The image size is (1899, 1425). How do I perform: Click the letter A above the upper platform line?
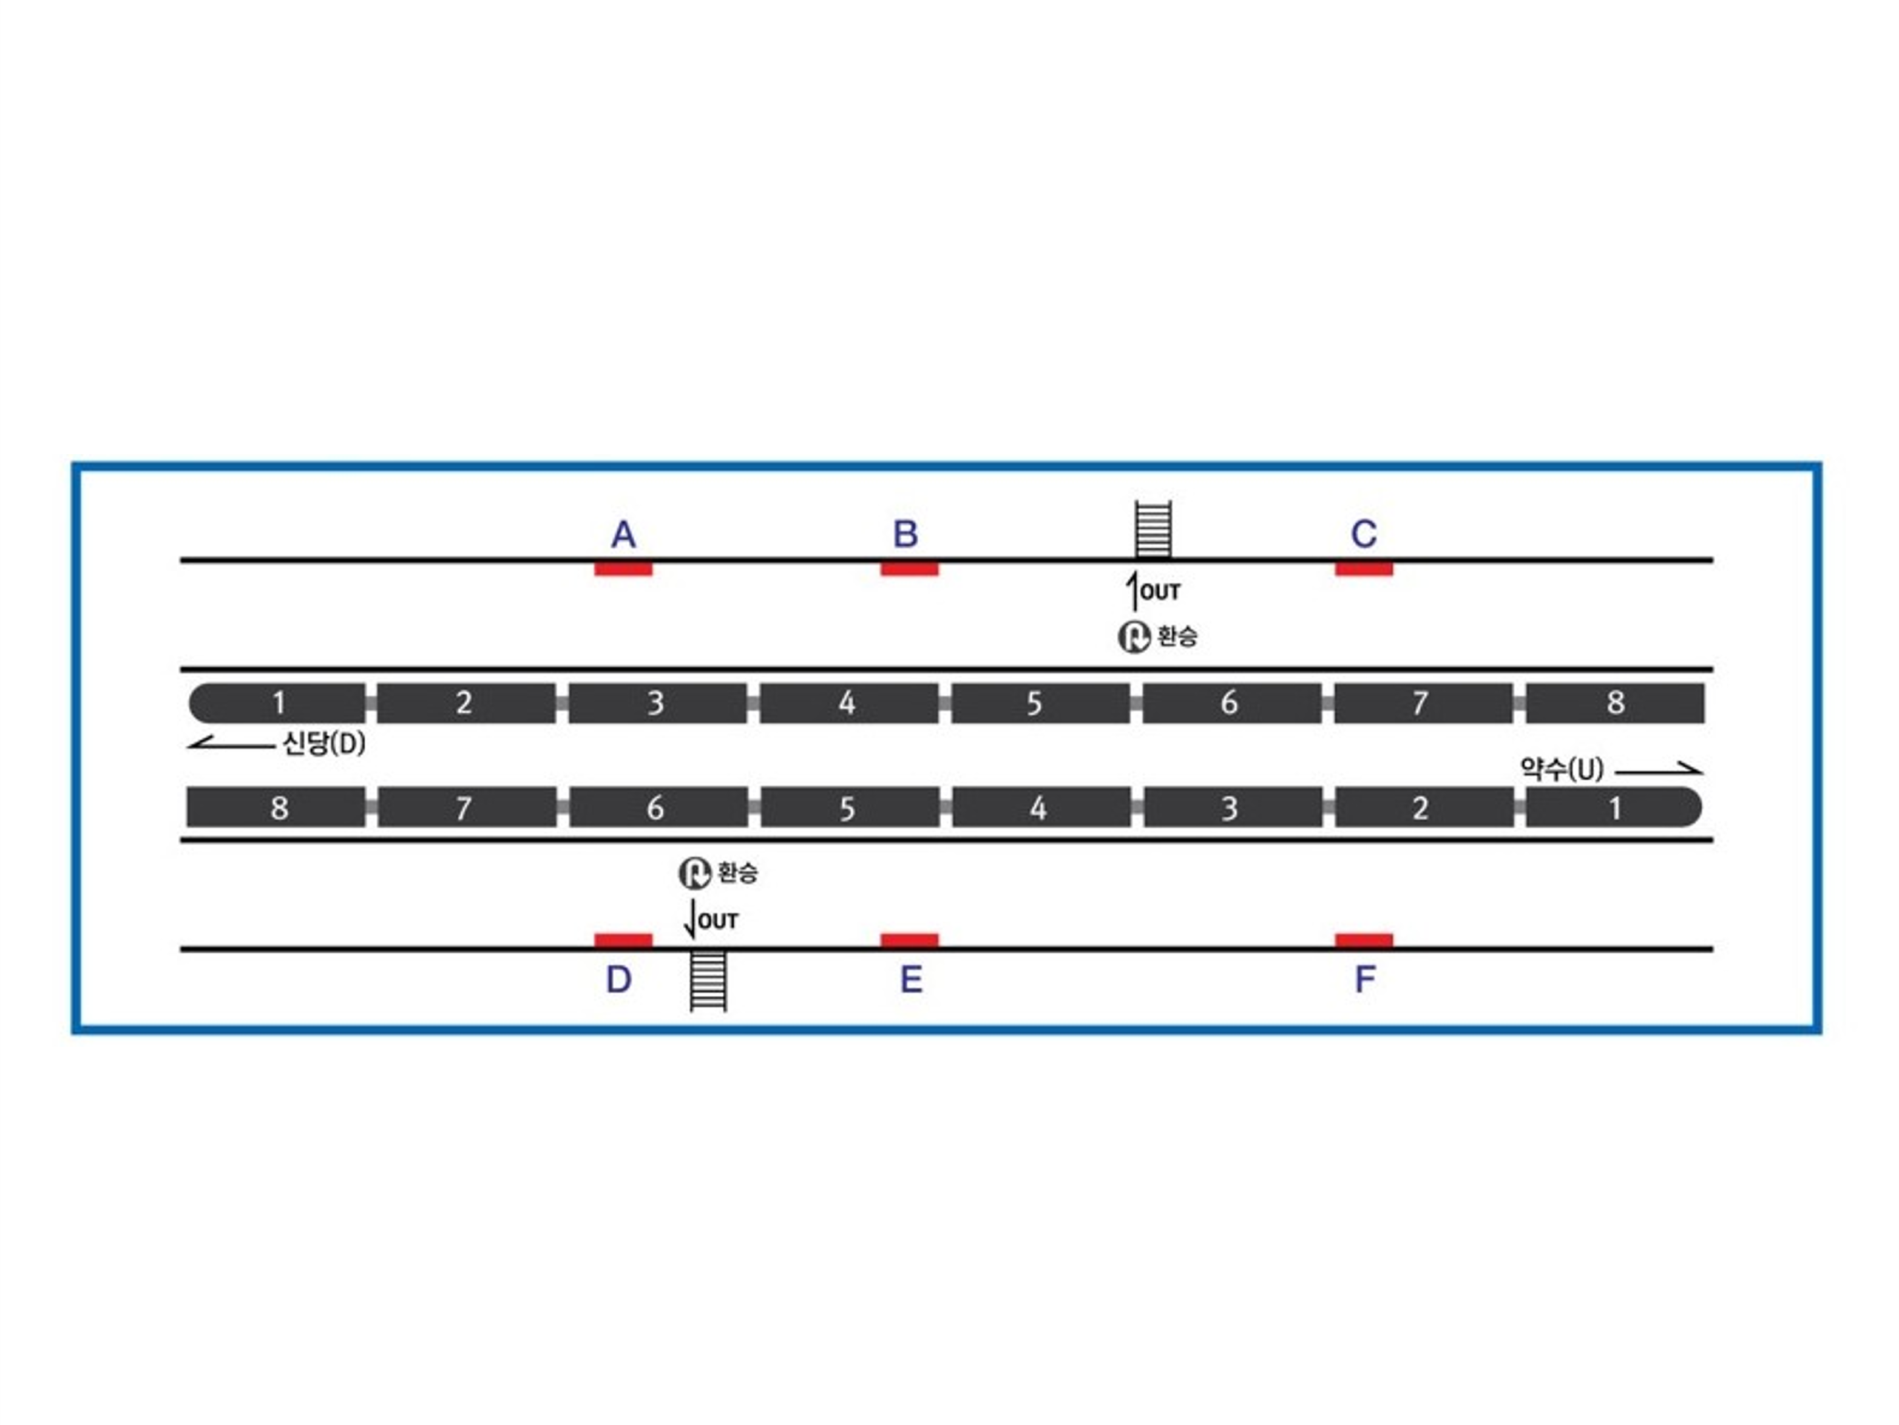623,535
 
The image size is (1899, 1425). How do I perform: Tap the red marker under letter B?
909,569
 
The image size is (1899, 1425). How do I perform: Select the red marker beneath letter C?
1364,569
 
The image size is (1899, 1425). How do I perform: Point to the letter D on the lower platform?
619,980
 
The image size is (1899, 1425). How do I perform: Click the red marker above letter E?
909,940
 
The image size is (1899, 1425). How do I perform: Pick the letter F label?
1365,979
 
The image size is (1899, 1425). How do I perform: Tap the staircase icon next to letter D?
709,981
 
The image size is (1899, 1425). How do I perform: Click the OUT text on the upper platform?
1160,592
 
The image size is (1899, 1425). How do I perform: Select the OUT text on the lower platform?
719,921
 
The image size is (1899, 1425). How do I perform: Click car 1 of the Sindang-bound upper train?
277,702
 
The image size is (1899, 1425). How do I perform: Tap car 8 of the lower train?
276,808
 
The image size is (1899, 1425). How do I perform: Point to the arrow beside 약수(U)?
1659,770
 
